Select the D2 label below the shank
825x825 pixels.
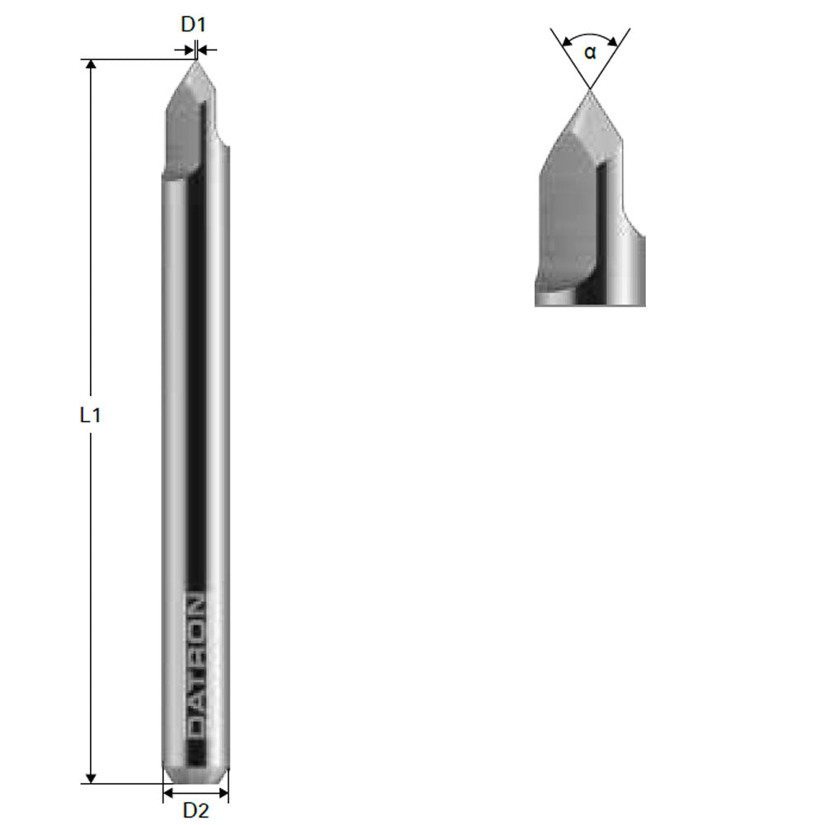pos(196,810)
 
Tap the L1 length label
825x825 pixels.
pos(90,416)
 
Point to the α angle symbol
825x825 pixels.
pos(589,54)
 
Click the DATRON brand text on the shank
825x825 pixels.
pos(196,665)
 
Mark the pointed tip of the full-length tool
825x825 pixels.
pos(196,62)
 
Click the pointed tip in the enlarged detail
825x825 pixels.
pos(589,91)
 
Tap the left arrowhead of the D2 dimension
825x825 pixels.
pos(167,793)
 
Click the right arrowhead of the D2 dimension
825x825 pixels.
pos(224,793)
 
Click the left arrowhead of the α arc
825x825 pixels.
pos(566,41)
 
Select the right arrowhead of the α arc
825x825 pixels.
pos(613,41)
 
